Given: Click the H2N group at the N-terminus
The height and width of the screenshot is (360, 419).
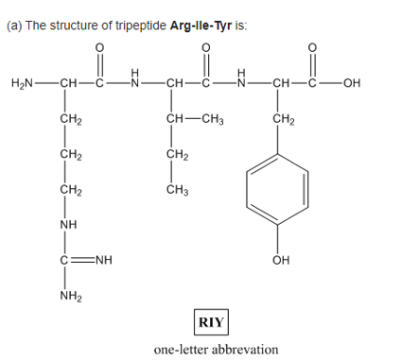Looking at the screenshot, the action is pyautogui.click(x=22, y=83).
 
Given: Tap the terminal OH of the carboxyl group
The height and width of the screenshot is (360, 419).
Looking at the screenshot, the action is pyautogui.click(x=352, y=83).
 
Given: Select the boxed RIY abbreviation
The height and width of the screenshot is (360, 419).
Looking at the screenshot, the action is pyautogui.click(x=211, y=322).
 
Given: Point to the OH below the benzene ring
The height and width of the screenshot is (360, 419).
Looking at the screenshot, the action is pyautogui.click(x=281, y=260).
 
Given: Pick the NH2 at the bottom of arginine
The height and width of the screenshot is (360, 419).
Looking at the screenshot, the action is pyautogui.click(x=71, y=296).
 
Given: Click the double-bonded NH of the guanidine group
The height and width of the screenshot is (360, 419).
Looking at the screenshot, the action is pyautogui.click(x=104, y=260).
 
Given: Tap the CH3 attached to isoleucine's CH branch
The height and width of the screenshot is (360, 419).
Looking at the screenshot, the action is pyautogui.click(x=213, y=119).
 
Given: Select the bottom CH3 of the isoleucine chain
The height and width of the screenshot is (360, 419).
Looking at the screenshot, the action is pyautogui.click(x=178, y=190).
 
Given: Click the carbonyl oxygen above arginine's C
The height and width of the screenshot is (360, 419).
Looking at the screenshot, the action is pyautogui.click(x=99, y=47).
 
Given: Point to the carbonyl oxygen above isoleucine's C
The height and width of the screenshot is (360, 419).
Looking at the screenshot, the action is pyautogui.click(x=205, y=47).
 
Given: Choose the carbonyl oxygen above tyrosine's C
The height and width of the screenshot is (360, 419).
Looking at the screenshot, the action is pyautogui.click(x=312, y=47).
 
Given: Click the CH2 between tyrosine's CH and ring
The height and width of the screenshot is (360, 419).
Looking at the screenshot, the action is pyautogui.click(x=284, y=119).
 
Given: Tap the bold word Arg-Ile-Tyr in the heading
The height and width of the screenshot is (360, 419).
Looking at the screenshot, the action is pyautogui.click(x=201, y=26).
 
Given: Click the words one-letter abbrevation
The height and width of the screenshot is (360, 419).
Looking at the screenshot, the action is pyautogui.click(x=216, y=350).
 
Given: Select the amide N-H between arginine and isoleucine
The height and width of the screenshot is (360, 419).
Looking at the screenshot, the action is pyautogui.click(x=135, y=78).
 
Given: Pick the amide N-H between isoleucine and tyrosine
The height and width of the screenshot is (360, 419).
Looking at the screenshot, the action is pyautogui.click(x=241, y=78).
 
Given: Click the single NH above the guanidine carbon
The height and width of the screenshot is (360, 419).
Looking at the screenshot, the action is pyautogui.click(x=68, y=225).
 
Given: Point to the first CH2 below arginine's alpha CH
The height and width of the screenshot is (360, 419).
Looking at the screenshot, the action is pyautogui.click(x=71, y=119).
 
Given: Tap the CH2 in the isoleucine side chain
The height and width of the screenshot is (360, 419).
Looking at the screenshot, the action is pyautogui.click(x=178, y=155).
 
